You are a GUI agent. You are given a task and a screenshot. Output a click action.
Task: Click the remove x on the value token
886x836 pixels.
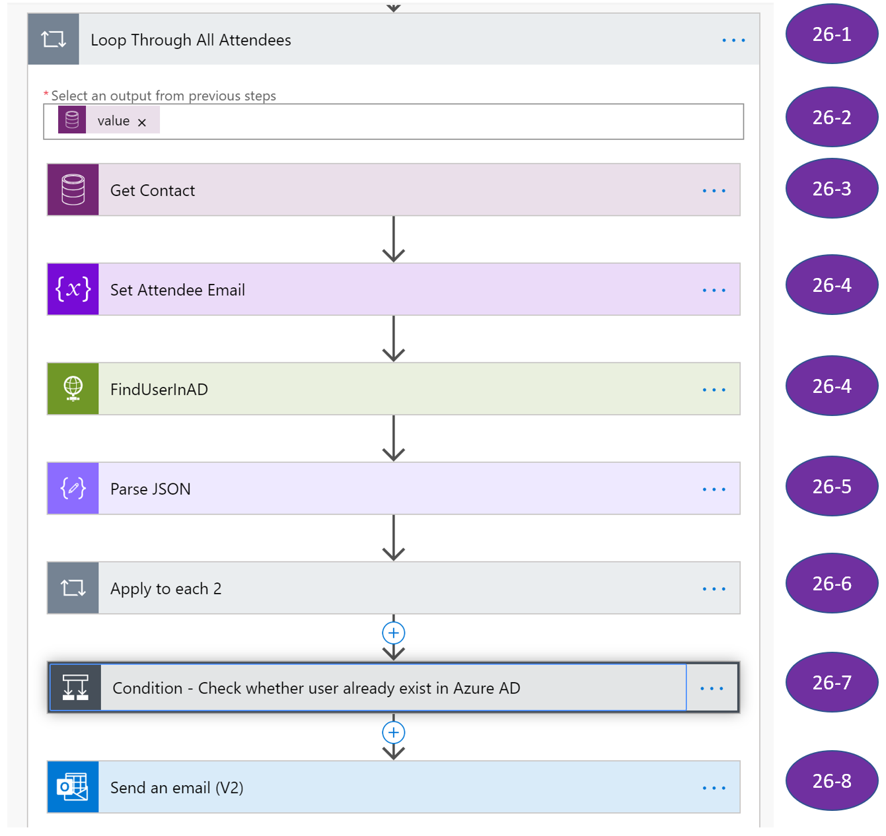coord(142,122)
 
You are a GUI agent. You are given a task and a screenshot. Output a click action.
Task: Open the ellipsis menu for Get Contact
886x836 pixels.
coord(714,191)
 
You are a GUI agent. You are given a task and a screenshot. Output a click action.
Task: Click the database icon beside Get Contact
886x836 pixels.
coord(73,190)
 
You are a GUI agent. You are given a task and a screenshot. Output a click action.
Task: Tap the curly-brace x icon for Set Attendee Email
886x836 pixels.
coord(73,289)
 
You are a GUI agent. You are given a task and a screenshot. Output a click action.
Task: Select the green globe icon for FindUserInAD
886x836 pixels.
coord(73,389)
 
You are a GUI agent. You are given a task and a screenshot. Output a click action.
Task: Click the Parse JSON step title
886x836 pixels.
coord(151,489)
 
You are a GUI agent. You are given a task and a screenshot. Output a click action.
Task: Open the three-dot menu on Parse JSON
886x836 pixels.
coord(714,489)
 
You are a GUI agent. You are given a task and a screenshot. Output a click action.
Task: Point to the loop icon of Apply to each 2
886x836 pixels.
coord(73,588)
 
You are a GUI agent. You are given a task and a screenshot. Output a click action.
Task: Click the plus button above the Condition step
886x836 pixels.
coord(394,633)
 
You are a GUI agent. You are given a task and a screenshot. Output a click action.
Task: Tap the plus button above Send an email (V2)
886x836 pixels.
coord(394,732)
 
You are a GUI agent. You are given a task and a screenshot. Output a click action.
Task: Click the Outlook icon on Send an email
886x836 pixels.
coord(73,787)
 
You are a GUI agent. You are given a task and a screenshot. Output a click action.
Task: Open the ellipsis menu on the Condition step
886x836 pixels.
coord(712,688)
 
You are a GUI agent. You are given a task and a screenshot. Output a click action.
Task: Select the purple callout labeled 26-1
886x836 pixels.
coord(832,34)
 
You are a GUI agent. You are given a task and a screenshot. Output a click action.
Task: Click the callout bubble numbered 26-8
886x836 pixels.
coord(832,781)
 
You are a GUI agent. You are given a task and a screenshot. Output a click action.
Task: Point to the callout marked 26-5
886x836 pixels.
coord(832,487)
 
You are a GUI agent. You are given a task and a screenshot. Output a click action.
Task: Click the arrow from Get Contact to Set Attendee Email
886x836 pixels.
coord(394,240)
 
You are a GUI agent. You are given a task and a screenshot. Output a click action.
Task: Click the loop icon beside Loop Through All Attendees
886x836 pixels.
coord(54,40)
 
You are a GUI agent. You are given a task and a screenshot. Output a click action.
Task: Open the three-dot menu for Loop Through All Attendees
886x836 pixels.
coord(733,40)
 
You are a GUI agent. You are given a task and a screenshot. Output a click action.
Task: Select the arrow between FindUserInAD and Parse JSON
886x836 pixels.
coord(394,438)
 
